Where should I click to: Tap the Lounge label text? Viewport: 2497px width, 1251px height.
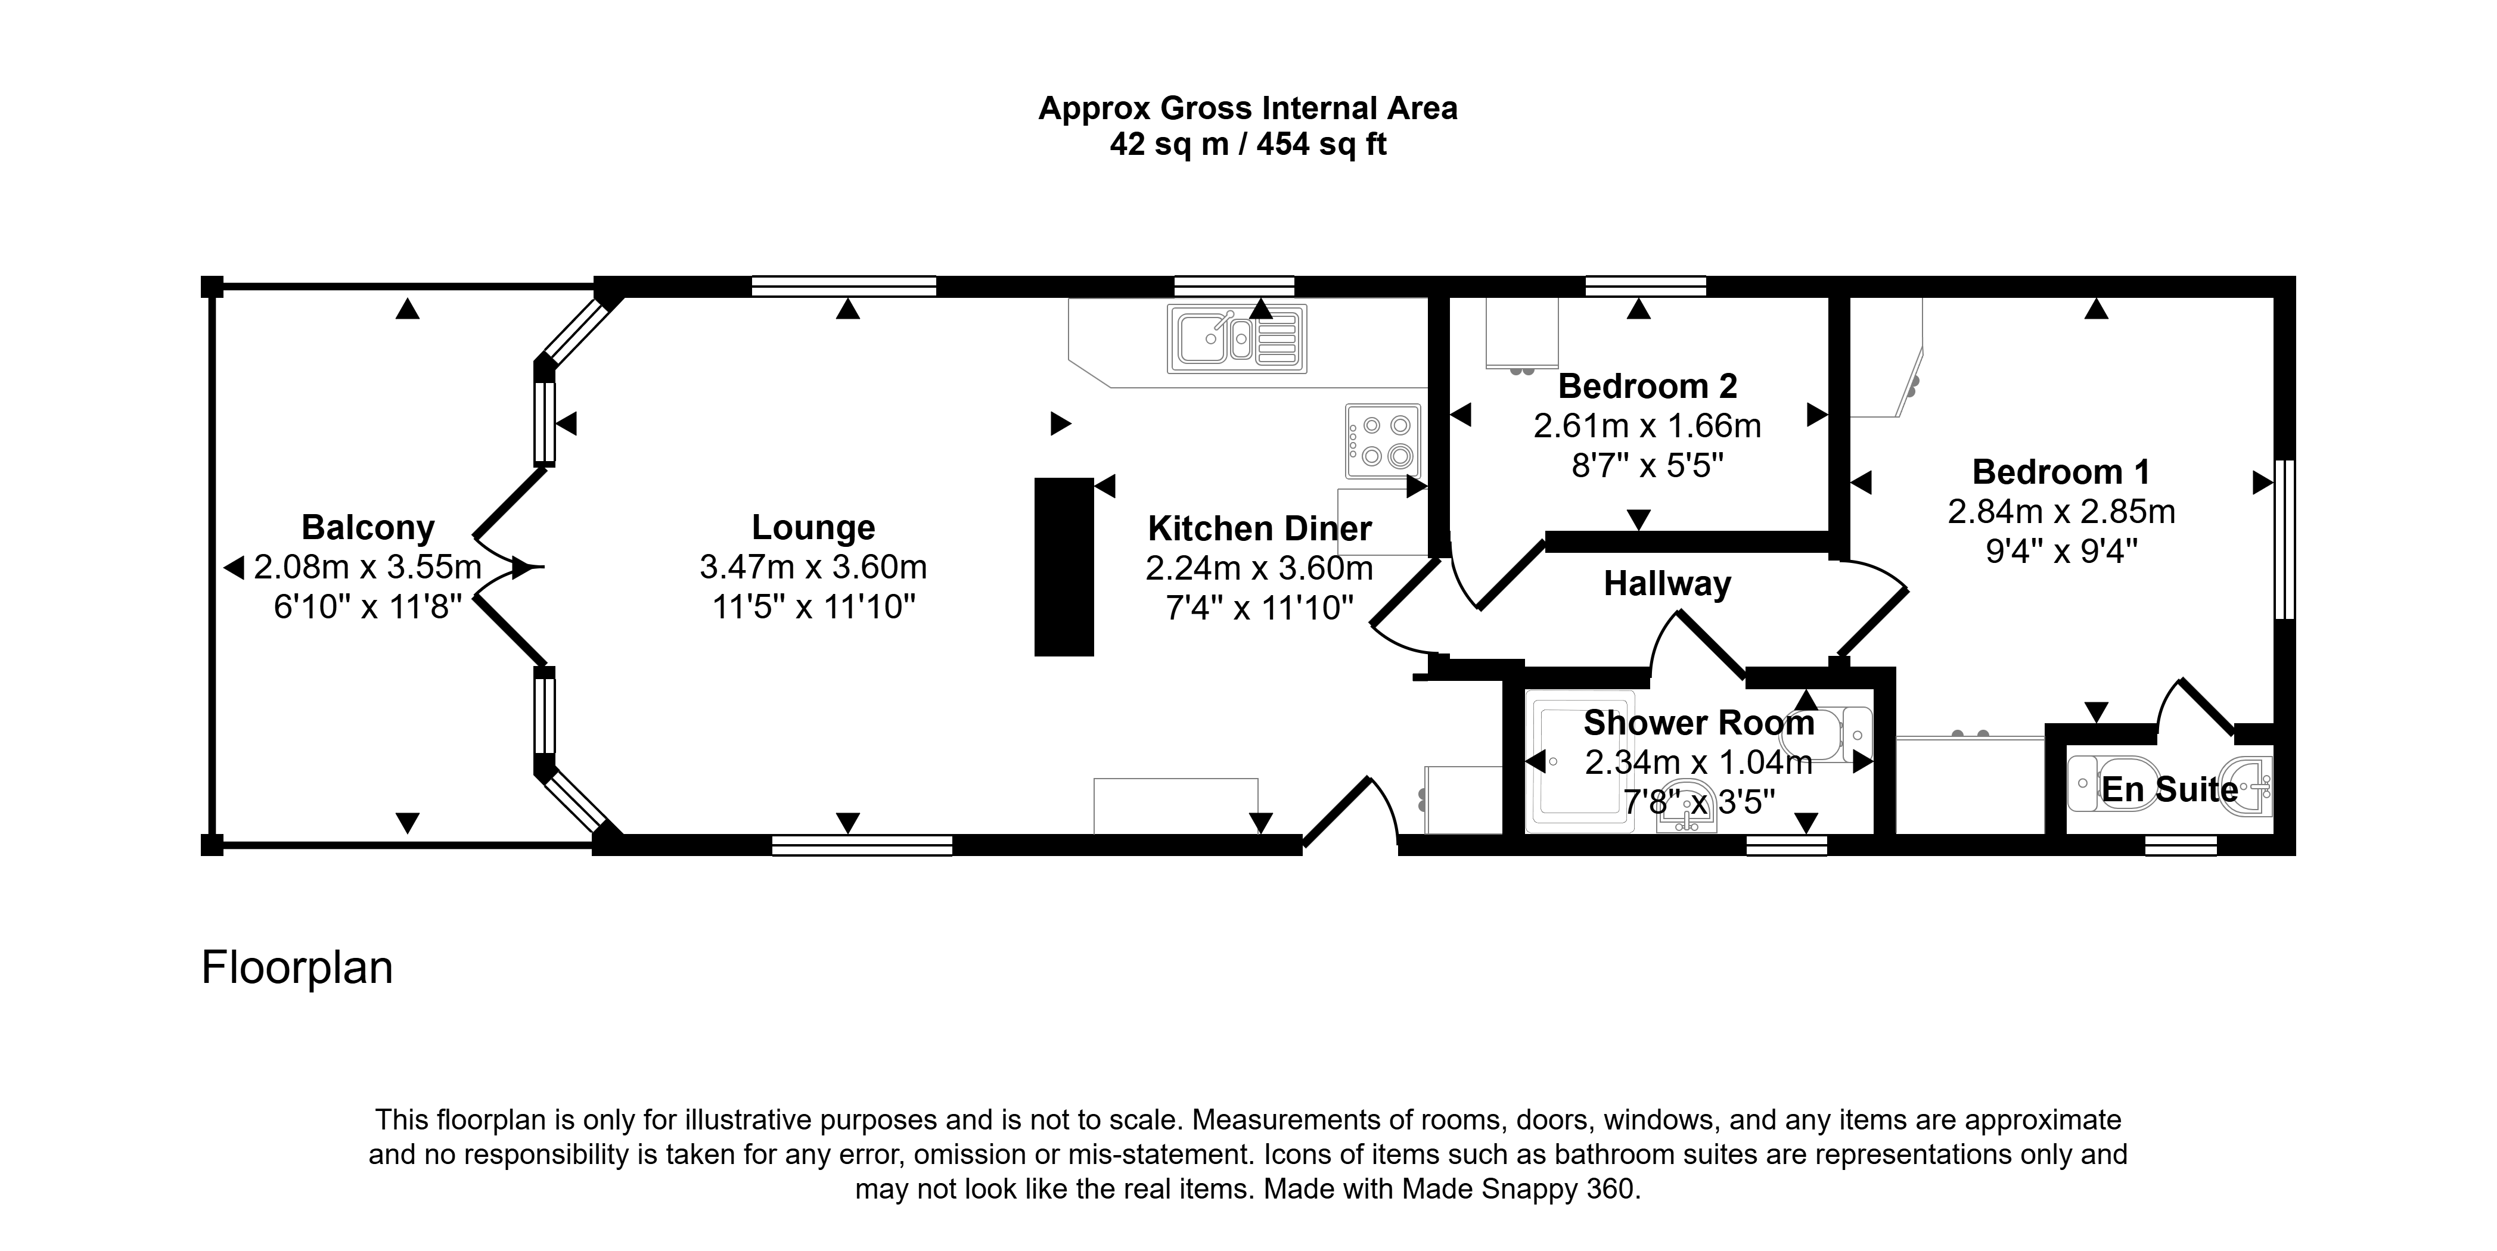point(813,528)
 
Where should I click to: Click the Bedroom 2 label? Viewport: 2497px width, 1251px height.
point(1647,387)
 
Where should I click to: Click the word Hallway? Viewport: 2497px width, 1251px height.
point(1667,584)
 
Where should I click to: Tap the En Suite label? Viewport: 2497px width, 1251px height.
point(2169,790)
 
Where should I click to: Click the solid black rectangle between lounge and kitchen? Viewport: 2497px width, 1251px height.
point(1063,567)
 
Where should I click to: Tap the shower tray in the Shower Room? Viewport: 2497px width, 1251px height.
point(1580,762)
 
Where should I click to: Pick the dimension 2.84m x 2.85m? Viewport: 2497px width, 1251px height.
point(2062,512)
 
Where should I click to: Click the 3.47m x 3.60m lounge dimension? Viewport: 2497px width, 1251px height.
point(813,567)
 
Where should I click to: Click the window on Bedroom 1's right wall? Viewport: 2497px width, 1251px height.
point(2285,539)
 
